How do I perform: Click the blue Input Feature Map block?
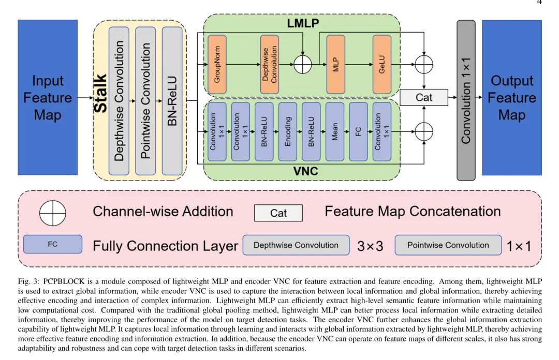48,97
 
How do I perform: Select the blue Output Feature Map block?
511,97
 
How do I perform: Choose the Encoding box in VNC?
288,131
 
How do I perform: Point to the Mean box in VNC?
335,131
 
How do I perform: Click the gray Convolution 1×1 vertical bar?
466,100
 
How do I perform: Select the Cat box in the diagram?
424,97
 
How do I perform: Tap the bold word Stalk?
101,93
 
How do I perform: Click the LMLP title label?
302,23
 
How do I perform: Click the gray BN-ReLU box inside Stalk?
172,101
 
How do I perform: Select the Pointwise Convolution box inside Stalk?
145,101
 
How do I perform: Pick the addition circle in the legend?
53,213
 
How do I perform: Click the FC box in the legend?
52,244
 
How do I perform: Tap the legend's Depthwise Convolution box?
296,245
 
